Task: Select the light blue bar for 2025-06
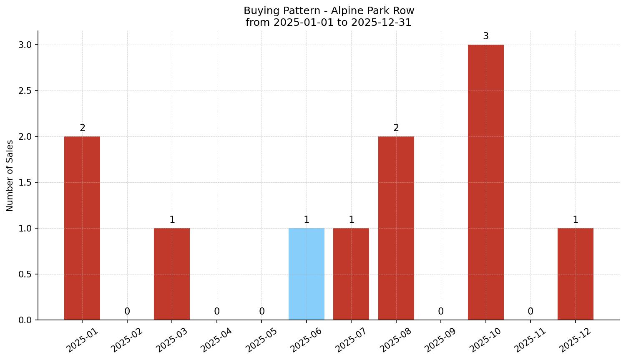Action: click(307, 274)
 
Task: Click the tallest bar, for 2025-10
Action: click(486, 182)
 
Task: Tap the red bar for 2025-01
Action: click(82, 228)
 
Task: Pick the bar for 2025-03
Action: click(172, 274)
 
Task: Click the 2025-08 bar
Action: click(396, 228)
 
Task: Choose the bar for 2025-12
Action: click(576, 274)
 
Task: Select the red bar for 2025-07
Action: click(351, 274)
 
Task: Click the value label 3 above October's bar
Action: click(486, 36)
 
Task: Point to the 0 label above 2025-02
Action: click(127, 312)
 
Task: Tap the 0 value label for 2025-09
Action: click(441, 312)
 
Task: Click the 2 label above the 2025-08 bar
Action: click(396, 128)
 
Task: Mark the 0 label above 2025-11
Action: click(530, 312)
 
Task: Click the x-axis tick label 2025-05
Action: click(261, 340)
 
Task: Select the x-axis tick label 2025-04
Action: click(216, 340)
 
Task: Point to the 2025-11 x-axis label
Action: click(530, 340)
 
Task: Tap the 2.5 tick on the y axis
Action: click(25, 91)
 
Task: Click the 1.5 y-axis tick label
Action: click(25, 182)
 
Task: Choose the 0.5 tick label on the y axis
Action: click(25, 274)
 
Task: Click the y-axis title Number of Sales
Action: click(10, 176)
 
